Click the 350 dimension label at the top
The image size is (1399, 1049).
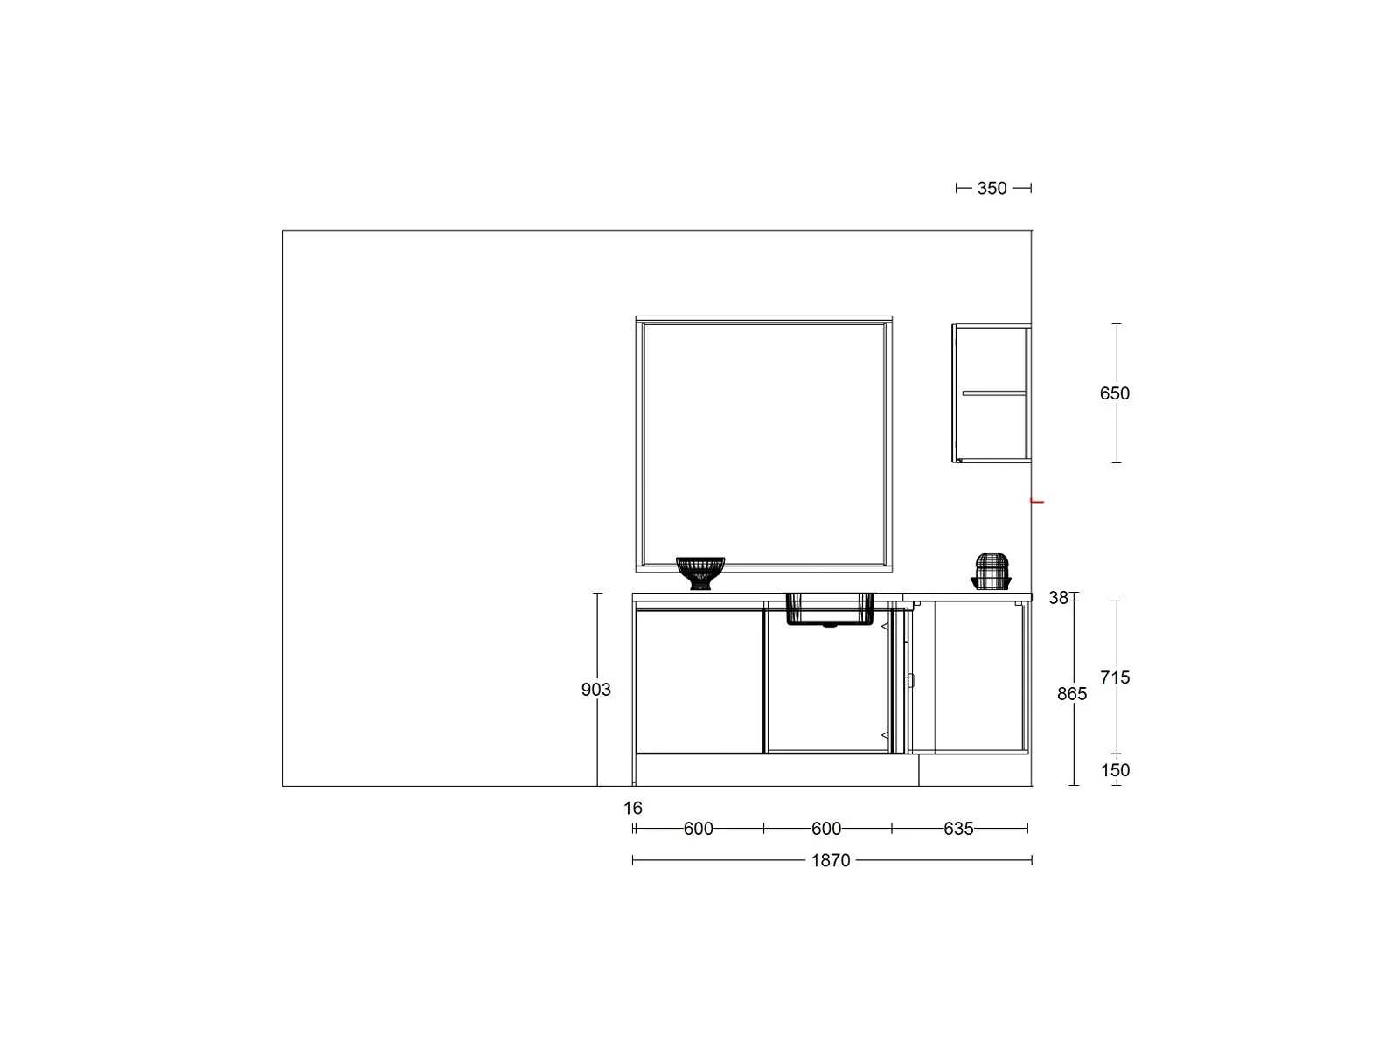pos(991,189)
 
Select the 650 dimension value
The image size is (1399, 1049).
pos(1114,393)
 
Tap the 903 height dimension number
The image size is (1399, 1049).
pos(595,689)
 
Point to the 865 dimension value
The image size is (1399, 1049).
pos(1071,693)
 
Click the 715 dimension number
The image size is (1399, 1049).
pos(1114,677)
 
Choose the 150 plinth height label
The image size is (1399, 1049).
pos(1115,770)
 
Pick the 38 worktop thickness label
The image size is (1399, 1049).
pos(1058,597)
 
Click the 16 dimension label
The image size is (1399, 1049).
pos(632,808)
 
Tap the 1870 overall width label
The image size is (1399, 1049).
pos(830,860)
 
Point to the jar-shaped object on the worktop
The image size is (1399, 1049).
pos(991,572)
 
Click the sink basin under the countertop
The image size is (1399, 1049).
pos(829,609)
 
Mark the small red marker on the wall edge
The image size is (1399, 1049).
pos(1038,502)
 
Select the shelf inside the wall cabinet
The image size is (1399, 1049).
pos(993,393)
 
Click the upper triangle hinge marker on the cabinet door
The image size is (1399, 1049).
pos(885,627)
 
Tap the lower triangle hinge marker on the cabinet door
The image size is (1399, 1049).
pos(885,736)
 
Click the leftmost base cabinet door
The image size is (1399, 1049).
pos(699,681)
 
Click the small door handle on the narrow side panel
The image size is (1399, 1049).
pos(910,680)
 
